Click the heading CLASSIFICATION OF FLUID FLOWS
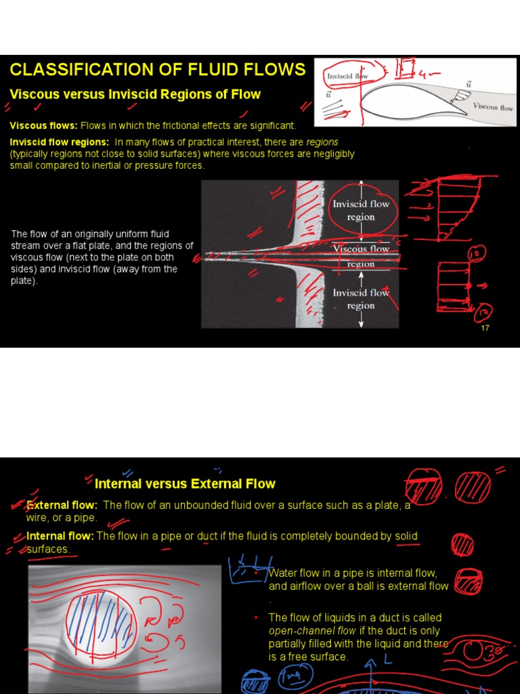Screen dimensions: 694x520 pos(157,69)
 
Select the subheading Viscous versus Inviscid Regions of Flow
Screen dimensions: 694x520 pos(135,94)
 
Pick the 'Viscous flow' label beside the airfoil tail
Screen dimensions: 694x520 pos(493,106)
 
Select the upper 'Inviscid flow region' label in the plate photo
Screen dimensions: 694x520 pos(361,210)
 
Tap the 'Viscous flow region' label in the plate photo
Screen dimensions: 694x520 pos(361,256)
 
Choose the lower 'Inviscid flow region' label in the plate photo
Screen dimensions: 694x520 pos(361,299)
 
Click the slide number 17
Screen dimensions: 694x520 pos(484,328)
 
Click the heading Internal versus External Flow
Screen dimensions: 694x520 pos(185,484)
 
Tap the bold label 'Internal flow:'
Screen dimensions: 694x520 pos(61,536)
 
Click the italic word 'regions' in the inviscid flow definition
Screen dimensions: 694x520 pos(322,142)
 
